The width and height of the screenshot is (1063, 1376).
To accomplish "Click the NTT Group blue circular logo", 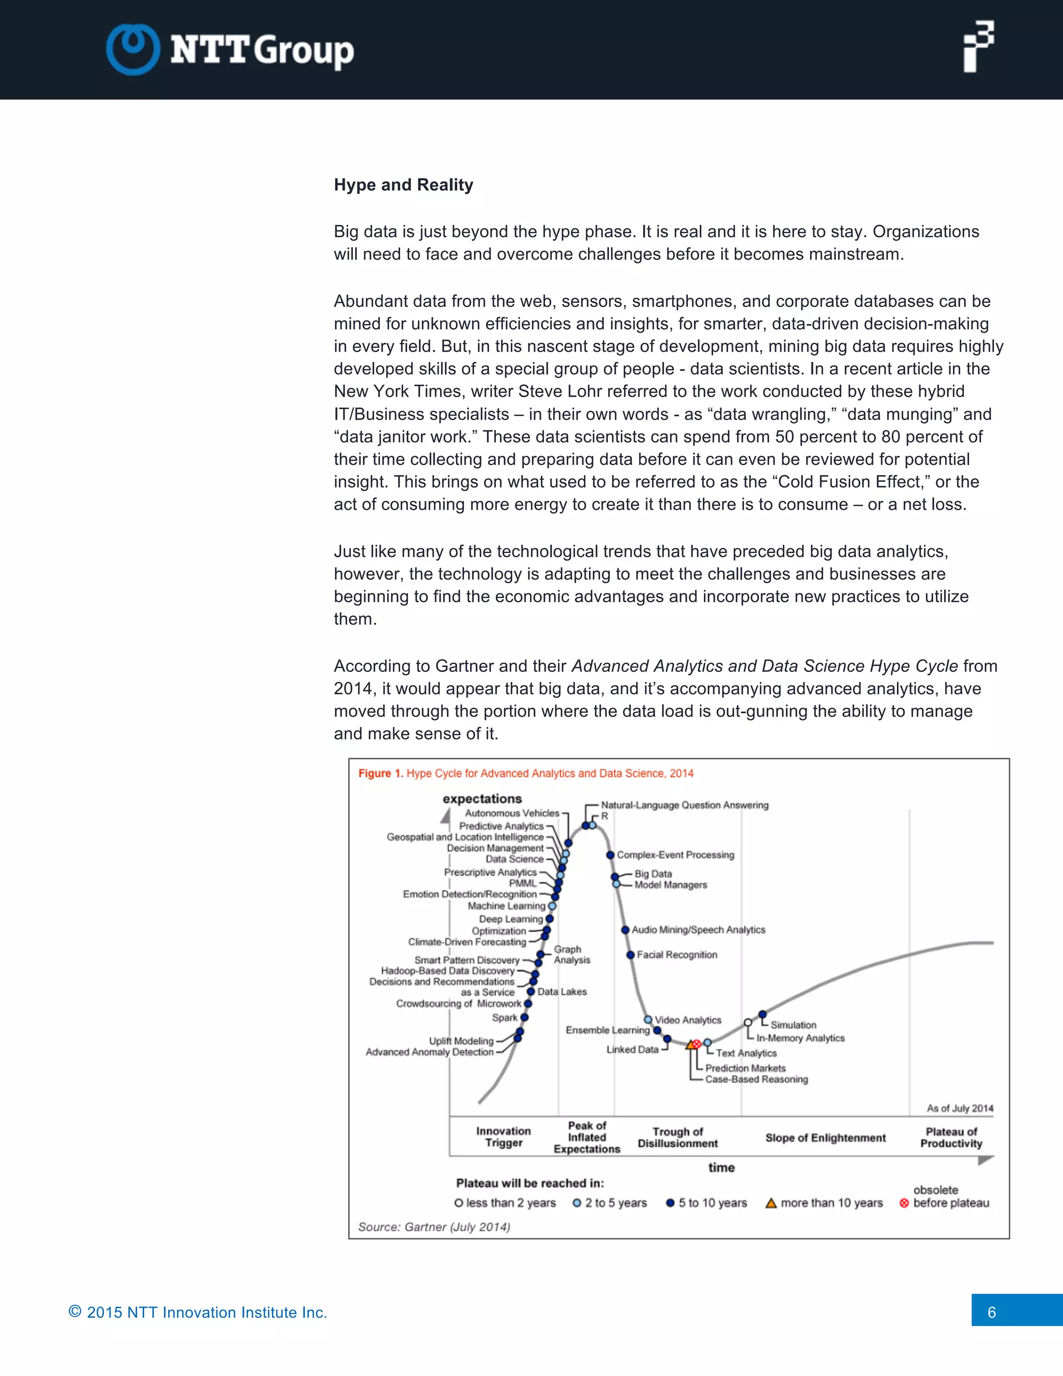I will [132, 49].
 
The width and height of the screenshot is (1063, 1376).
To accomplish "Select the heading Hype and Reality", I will [403, 185].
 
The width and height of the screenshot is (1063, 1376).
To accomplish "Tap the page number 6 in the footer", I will [991, 1312].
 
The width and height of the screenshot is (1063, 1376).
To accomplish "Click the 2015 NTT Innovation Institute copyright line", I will [198, 1312].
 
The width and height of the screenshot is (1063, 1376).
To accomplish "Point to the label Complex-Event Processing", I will [675, 855].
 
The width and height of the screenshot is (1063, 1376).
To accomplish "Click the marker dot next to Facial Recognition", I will [630, 955].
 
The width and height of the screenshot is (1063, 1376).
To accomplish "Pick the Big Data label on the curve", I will [652, 874].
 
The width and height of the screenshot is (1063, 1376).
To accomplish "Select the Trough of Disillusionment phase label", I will [677, 1137].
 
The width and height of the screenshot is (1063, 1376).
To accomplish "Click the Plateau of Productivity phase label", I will [951, 1137].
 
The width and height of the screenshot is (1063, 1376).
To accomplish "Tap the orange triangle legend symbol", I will [771, 1204].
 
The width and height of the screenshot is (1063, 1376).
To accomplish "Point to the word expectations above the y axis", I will [482, 799].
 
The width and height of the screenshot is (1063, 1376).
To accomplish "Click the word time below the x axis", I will [721, 1167].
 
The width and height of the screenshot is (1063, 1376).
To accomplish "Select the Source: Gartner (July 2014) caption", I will [434, 1226].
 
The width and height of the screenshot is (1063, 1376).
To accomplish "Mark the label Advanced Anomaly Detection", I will [429, 1052].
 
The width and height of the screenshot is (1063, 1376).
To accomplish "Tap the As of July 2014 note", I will [960, 1108].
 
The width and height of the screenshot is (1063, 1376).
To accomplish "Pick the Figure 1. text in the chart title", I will [380, 773].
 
